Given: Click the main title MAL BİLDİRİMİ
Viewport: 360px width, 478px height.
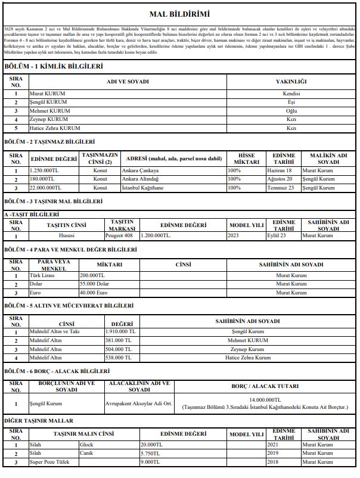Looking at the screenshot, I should pyautogui.click(x=180, y=14).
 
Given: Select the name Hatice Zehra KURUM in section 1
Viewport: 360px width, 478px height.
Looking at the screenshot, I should pyautogui.click(x=55, y=128).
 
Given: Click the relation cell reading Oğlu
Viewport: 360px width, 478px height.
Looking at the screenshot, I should pyautogui.click(x=291, y=111).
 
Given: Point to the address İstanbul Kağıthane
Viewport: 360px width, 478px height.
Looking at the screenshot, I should pyautogui.click(x=145, y=188).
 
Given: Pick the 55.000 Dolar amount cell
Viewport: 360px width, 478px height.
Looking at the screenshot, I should pyautogui.click(x=94, y=284).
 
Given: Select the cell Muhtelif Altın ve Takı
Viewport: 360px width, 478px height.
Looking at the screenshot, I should pyautogui.click(x=55, y=331).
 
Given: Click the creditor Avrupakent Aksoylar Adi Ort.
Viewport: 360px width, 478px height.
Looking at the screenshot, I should pyautogui.click(x=138, y=403).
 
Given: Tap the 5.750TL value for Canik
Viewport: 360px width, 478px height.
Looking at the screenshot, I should pyautogui.click(x=151, y=454).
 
